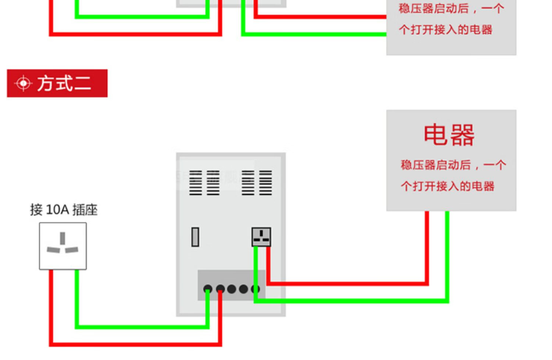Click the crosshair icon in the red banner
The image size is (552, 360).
click(x=23, y=84)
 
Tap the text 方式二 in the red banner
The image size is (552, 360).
click(x=64, y=83)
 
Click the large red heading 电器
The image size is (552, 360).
click(x=449, y=135)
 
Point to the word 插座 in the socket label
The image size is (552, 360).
click(x=85, y=210)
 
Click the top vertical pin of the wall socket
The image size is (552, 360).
click(x=63, y=238)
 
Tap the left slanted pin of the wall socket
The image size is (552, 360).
click(x=53, y=250)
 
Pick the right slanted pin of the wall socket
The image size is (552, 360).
click(x=72, y=250)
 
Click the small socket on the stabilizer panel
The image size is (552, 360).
click(x=261, y=237)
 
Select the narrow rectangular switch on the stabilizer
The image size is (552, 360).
click(x=195, y=237)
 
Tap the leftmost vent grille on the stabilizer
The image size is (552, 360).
click(x=195, y=183)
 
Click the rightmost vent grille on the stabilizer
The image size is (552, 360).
click(x=266, y=183)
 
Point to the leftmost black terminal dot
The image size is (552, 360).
click(x=208, y=289)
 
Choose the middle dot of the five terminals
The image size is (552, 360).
click(x=232, y=289)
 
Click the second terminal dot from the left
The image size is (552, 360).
click(x=220, y=289)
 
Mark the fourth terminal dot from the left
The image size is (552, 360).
click(x=244, y=289)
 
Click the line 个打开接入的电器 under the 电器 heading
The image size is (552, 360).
click(x=447, y=186)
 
